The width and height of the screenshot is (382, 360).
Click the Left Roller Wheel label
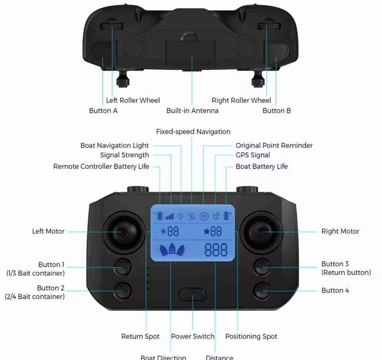click(x=133, y=100)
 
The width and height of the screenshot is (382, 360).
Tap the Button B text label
click(x=277, y=111)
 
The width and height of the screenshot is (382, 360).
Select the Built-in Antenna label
click(x=192, y=111)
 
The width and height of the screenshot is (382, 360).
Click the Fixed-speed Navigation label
click(x=193, y=132)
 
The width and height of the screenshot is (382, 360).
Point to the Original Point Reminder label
click(x=274, y=146)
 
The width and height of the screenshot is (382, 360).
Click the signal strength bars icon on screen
click(x=169, y=216)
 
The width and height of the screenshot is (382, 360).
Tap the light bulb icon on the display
click(x=180, y=216)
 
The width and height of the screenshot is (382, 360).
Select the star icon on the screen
click(x=207, y=231)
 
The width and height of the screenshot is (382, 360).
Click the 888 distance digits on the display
click(x=216, y=250)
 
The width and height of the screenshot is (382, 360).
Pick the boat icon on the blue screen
click(x=172, y=249)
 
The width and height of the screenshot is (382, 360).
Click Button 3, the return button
click(x=262, y=267)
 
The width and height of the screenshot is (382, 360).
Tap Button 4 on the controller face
click(x=262, y=290)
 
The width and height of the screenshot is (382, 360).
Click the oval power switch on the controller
click(x=192, y=294)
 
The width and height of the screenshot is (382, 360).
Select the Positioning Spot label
click(x=251, y=336)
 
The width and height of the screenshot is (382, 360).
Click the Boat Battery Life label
click(x=262, y=166)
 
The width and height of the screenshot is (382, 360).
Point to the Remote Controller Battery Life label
click(x=101, y=166)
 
